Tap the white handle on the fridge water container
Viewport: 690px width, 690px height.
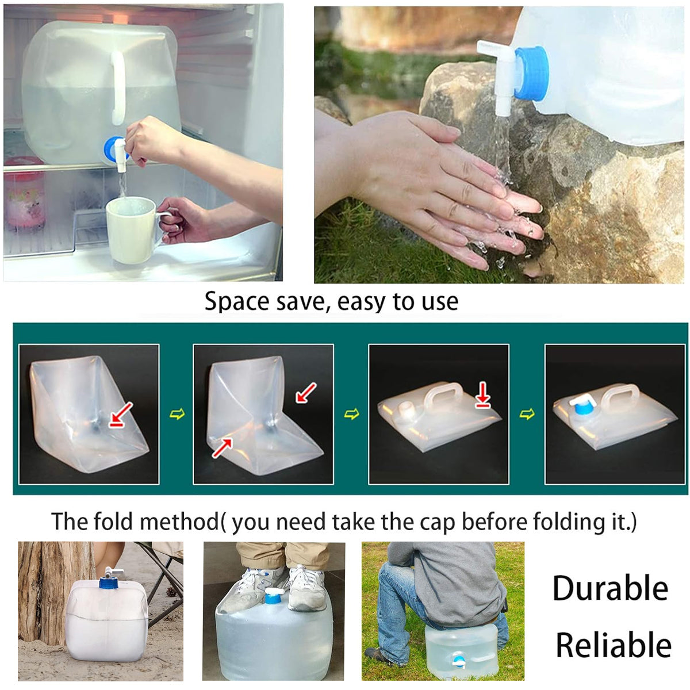118,88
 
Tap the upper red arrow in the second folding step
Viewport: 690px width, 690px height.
306,393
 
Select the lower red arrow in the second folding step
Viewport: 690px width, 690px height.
223,447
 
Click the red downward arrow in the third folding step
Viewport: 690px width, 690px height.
483,395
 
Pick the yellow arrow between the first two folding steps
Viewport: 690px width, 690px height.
177,414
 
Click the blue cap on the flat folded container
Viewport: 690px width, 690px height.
582,409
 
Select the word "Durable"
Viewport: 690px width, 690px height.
610,589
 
